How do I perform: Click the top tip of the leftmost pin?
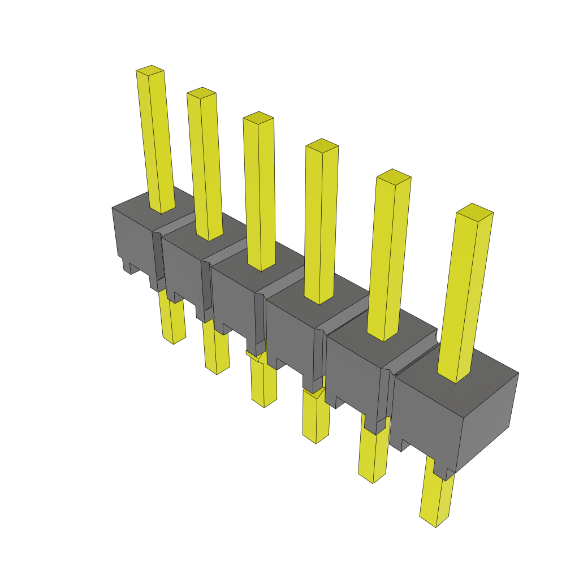coord(150,71)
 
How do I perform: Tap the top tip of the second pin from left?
coord(202,93)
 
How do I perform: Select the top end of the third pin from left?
coord(258,118)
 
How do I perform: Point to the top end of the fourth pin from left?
coord(322,145)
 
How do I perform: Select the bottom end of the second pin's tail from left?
coord(217,370)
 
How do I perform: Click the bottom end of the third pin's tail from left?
coord(264,404)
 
